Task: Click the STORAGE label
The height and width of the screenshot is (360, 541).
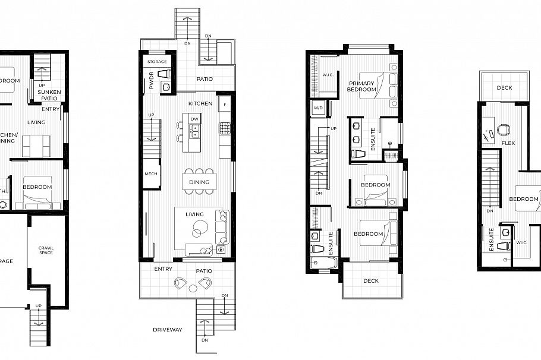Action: click(x=157, y=62)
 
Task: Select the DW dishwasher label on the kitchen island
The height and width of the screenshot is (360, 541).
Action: click(x=194, y=119)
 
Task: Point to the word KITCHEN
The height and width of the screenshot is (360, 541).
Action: click(x=200, y=103)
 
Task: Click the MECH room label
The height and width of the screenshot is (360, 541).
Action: click(x=151, y=174)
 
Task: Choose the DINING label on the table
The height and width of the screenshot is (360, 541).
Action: click(x=199, y=182)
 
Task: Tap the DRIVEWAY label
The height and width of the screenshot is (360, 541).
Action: click(x=167, y=329)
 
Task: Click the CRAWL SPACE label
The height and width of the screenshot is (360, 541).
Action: click(x=46, y=250)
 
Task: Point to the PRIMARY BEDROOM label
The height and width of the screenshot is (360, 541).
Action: click(x=362, y=86)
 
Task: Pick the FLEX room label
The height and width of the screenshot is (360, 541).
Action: click(x=508, y=143)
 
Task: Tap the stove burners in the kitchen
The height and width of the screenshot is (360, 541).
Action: click(x=225, y=128)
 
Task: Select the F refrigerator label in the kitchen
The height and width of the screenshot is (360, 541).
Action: click(x=224, y=105)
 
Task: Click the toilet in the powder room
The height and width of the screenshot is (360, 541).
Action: click(x=167, y=74)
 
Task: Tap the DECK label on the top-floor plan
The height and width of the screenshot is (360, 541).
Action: click(x=504, y=88)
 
